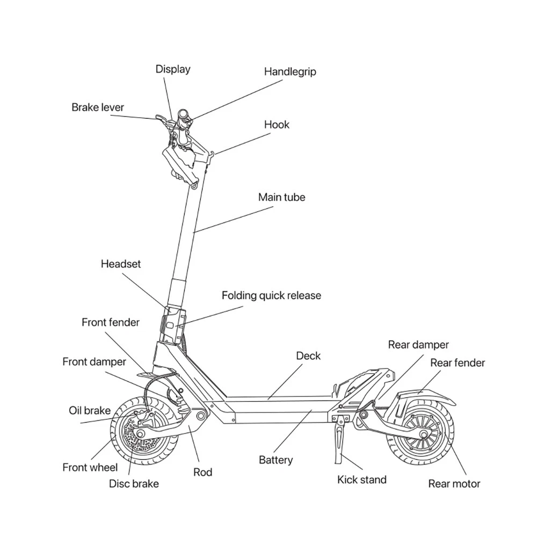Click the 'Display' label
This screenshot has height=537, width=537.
[173, 69]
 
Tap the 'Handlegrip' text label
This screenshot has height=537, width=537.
[290, 71]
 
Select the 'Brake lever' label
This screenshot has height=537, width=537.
[98, 107]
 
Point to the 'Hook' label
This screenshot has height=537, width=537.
[277, 125]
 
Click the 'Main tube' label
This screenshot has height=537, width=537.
[281, 197]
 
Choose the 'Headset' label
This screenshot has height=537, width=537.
[121, 264]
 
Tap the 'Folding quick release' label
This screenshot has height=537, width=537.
[271, 295]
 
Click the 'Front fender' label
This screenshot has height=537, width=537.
[111, 322]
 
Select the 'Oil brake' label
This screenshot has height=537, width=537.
[90, 411]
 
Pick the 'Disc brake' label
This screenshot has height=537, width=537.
[134, 483]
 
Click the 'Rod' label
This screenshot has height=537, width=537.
[202, 472]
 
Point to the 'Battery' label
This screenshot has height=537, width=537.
[276, 460]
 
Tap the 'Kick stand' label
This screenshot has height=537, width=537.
[361, 480]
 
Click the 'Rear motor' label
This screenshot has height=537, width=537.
[454, 484]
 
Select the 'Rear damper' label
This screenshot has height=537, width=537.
[418, 345]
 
